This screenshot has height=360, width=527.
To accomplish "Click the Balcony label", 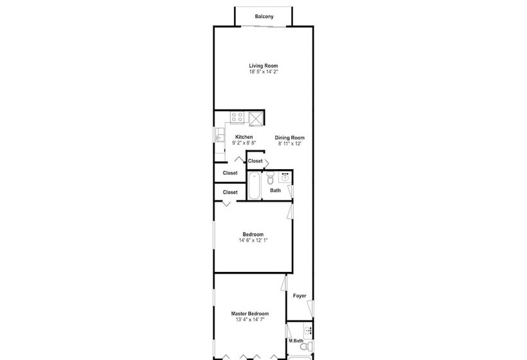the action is [x=264, y=17].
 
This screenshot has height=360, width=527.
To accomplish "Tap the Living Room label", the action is [x=263, y=66].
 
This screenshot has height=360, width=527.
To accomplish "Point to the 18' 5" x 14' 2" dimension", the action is [x=263, y=71].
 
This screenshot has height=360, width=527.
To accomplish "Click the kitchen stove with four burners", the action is [x=237, y=117].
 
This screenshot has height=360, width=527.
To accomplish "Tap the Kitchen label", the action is [x=244, y=137].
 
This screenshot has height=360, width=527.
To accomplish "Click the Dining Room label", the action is [x=290, y=138].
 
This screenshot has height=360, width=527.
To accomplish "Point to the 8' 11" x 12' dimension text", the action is [x=290, y=143].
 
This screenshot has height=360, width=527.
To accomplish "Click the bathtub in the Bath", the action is [x=254, y=186].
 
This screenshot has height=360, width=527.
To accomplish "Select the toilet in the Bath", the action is [x=271, y=178].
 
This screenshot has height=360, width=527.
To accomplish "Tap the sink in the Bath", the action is [x=285, y=177].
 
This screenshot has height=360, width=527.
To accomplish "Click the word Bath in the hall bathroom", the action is [x=275, y=190].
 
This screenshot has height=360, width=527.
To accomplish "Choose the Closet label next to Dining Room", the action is [x=255, y=161].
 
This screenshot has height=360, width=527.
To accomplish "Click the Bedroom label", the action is [x=253, y=234].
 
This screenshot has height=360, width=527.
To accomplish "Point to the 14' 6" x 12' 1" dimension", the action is [x=253, y=240].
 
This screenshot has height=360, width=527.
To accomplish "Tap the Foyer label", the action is [x=299, y=296].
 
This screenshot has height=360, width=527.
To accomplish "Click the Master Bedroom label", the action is [x=250, y=314].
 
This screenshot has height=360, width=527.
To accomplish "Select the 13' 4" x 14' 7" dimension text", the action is [x=250, y=319].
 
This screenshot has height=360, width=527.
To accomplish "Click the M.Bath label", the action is [x=296, y=341].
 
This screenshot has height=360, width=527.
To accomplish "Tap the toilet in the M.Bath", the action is [x=307, y=346].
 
